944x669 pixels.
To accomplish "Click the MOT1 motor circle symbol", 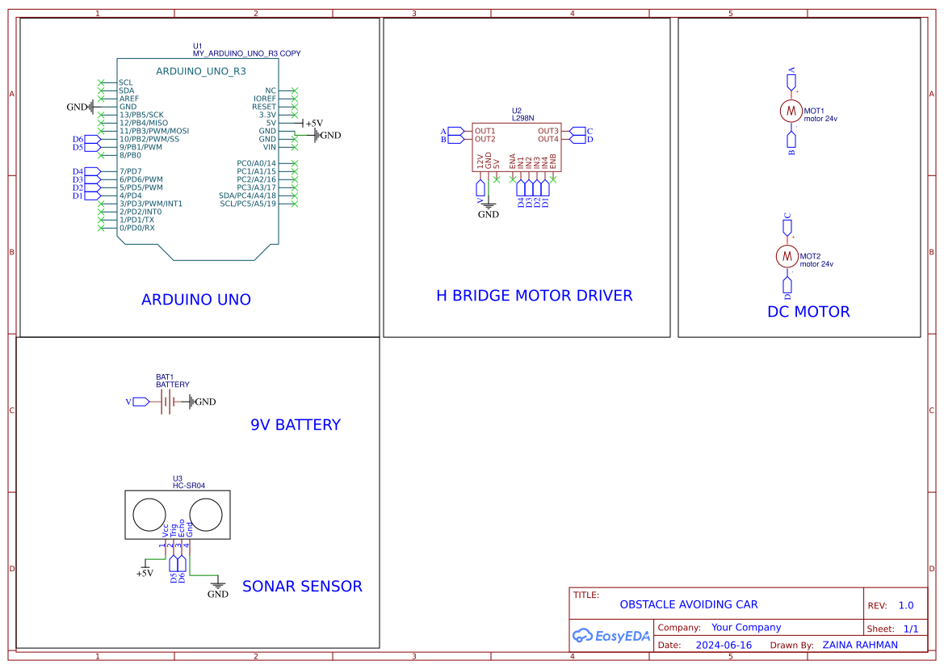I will tap(791, 111).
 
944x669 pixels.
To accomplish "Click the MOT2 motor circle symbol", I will tap(787, 255).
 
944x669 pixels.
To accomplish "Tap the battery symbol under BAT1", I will tap(166, 402).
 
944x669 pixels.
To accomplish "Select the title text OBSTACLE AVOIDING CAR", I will tap(689, 604).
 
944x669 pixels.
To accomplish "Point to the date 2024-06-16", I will tap(724, 645).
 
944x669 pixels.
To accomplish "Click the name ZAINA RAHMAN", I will tap(860, 645).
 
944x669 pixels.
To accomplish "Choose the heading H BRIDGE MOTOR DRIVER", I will tap(534, 296).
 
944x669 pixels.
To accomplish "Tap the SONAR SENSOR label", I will tap(302, 587).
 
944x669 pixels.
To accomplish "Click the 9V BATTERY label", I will tap(296, 425).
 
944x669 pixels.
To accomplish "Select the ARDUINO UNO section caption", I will tap(196, 300).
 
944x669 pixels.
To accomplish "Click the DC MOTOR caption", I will tap(808, 312).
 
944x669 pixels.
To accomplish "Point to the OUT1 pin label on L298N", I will tap(485, 131).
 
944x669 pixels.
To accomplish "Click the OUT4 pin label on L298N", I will tap(548, 139).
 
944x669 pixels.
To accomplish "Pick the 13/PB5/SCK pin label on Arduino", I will tap(141, 115).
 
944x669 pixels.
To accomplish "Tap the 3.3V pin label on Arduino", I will tap(264, 115).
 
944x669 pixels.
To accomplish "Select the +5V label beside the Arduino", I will tap(313, 124).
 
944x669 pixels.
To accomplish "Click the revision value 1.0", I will tap(906, 605).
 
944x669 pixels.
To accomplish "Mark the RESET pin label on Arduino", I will tap(264, 107).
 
